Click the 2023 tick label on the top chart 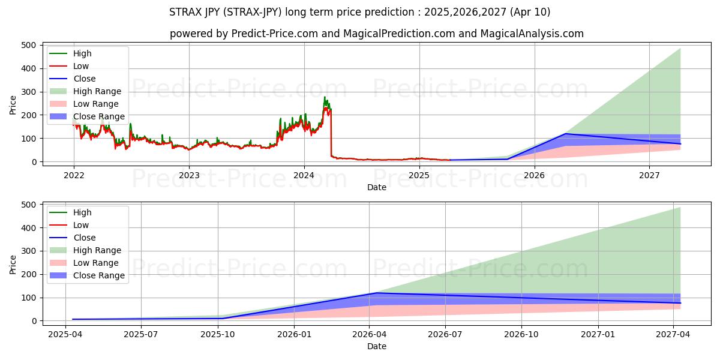coord(189,175)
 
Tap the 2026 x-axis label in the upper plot coord(534,175)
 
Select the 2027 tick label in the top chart coord(649,175)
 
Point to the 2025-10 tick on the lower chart coord(218,334)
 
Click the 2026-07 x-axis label coord(446,334)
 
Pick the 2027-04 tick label coord(673,334)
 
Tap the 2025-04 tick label coord(66,334)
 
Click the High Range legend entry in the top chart coord(97,91)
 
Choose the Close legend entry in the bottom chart coord(84,238)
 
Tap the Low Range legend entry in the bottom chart coord(96,263)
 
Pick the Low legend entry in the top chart coord(81,66)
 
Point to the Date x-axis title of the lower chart coord(376,346)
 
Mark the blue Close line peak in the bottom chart coord(376,293)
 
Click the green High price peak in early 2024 coord(325,97)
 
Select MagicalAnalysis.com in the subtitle coord(532,34)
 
